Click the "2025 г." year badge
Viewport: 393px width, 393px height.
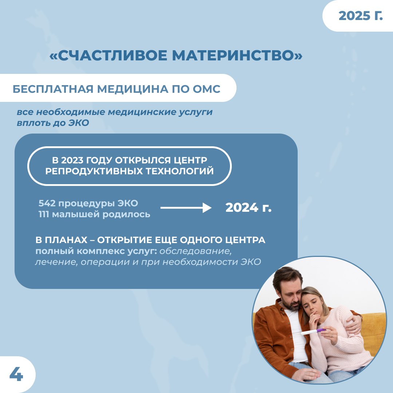pos(360,16)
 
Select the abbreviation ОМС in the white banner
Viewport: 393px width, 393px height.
pos(207,89)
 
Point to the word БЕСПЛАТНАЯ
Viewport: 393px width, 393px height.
pos(53,89)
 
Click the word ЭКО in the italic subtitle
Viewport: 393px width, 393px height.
pos(79,123)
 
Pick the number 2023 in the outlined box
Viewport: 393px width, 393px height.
pos(72,160)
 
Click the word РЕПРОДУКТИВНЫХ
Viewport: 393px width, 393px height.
pos(94,171)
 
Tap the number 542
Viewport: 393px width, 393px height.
pos(47,203)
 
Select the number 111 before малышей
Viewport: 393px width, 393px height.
pos(44,214)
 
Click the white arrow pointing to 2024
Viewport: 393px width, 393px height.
pos(186,208)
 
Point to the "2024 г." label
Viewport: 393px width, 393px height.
pos(249,207)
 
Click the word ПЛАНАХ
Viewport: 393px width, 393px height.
pos(66,240)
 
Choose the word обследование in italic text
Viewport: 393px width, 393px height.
pos(195,251)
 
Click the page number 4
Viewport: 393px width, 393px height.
pos(16,374)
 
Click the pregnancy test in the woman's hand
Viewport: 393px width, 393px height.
pos(313,332)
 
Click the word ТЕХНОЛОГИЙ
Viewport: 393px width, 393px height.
pos(180,171)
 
